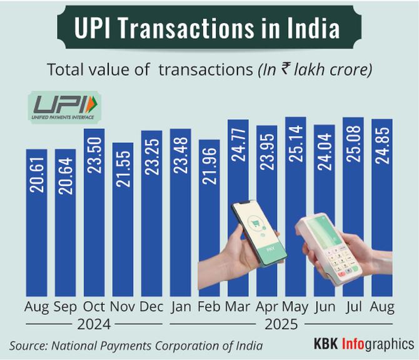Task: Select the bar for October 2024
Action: [x=94, y=213]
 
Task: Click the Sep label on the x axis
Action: [x=66, y=307]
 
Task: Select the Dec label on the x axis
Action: [x=151, y=307]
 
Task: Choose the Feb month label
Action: [x=209, y=307]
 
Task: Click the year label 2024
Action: [x=94, y=325]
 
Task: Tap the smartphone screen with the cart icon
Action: [x=252, y=232]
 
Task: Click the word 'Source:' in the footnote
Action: [x=28, y=345]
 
